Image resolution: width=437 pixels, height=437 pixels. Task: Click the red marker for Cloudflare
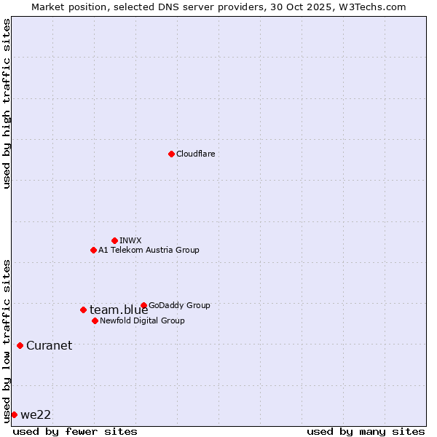tap(171, 154)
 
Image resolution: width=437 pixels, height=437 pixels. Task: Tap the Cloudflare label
tap(195, 154)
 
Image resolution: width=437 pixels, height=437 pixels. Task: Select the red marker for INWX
tap(114, 240)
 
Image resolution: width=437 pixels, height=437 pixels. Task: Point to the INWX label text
tap(130, 240)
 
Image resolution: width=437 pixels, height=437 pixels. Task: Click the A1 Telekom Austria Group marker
tap(93, 250)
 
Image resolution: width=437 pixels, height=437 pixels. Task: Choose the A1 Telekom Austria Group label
tap(149, 250)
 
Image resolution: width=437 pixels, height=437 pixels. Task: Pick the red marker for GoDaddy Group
tap(143, 305)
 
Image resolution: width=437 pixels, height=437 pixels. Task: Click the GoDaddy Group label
tap(179, 305)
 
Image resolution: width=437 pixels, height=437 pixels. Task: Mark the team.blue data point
tap(83, 310)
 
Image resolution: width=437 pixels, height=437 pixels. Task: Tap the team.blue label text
tap(119, 310)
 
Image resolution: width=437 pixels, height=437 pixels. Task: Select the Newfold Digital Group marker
tap(95, 320)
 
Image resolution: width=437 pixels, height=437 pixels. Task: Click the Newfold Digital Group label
tap(142, 320)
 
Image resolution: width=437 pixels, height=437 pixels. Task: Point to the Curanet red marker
tap(20, 345)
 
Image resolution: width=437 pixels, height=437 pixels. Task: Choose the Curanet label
tap(49, 345)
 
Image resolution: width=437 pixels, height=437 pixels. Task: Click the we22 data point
tap(14, 414)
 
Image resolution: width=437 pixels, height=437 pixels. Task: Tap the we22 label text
tap(36, 414)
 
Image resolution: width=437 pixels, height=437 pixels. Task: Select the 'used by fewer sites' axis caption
tap(75, 431)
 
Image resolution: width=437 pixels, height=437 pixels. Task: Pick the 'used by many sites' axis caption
tap(366, 431)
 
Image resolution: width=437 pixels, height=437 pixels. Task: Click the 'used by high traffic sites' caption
tap(7, 103)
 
